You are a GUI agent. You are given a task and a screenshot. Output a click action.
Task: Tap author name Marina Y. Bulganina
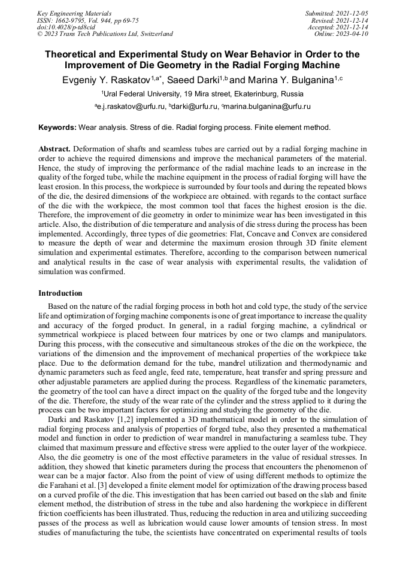(x=290, y=80)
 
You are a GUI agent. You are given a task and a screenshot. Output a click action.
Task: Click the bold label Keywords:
(x=57, y=127)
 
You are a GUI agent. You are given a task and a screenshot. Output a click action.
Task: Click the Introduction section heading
(x=60, y=293)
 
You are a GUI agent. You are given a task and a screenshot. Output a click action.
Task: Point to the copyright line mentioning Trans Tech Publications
(x=105, y=34)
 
